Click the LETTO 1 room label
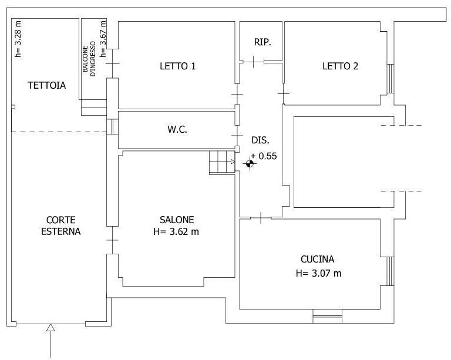178,66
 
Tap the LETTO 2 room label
340,66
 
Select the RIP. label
262,42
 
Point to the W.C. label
177,129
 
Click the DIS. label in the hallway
261,140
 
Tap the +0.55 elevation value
264,156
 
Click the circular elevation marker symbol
250,164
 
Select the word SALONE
177,220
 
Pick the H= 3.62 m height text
176,231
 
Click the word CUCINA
318,259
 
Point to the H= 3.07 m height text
319,273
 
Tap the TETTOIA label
47,85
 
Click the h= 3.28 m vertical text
18,39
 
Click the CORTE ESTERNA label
60,226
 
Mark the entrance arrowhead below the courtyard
51,327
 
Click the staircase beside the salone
222,162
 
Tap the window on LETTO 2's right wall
391,79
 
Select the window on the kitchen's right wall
390,271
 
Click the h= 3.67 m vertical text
103,39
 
